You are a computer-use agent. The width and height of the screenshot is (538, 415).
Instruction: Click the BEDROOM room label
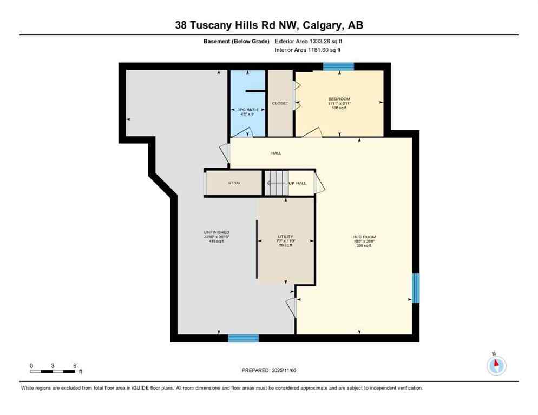[339, 99]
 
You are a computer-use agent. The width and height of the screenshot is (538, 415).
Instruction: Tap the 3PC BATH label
[246, 110]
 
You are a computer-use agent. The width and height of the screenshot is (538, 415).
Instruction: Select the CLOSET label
[280, 103]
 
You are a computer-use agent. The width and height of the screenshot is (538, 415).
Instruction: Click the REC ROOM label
[364, 237]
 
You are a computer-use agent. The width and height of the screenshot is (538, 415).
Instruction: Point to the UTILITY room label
[285, 237]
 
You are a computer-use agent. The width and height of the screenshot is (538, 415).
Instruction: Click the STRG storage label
[234, 183]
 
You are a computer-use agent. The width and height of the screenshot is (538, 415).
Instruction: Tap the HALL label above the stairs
[277, 153]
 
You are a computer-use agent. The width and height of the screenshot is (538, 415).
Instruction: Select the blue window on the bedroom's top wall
[338, 66]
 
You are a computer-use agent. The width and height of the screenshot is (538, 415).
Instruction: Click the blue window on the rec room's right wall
[415, 288]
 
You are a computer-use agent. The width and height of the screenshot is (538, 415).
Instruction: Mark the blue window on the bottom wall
[243, 338]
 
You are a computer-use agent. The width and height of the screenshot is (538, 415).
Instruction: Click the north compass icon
[496, 365]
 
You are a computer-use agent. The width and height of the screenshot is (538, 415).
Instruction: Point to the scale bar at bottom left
[53, 371]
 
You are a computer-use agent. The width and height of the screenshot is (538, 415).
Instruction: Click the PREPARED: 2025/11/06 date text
[269, 370]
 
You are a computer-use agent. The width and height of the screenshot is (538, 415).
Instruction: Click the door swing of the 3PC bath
[245, 132]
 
